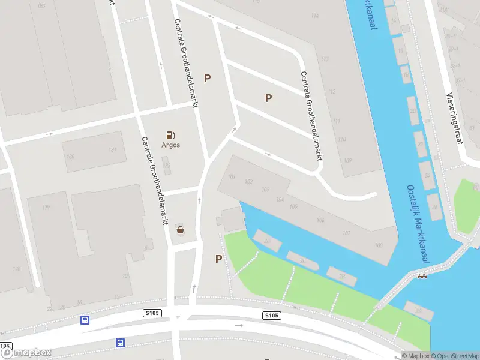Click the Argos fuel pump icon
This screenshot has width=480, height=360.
pyautogui.click(x=170, y=135)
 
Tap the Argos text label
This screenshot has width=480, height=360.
pyautogui.click(x=170, y=145)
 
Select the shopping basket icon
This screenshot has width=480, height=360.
pyautogui.click(x=180, y=229)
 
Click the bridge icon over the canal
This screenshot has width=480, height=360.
pyautogui.click(x=422, y=276)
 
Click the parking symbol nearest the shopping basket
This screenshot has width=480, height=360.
pyautogui.click(x=218, y=259)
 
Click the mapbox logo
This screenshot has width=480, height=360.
pyautogui.click(x=26, y=353)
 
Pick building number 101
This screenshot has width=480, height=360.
pyautogui.click(x=232, y=176)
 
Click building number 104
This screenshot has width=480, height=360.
pyautogui.click(x=280, y=199)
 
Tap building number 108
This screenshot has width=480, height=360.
pyautogui.click(x=378, y=245)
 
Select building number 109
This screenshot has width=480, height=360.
pyautogui.click(x=347, y=160)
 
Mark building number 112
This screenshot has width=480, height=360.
pyautogui.click(x=331, y=92)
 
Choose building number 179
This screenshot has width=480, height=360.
pyautogui.click(x=46, y=207)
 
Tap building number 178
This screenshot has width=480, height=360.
pyautogui.click(x=16, y=269)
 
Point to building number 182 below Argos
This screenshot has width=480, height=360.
pyautogui.click(x=167, y=166)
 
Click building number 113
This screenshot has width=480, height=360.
pyautogui.click(x=325, y=58)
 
